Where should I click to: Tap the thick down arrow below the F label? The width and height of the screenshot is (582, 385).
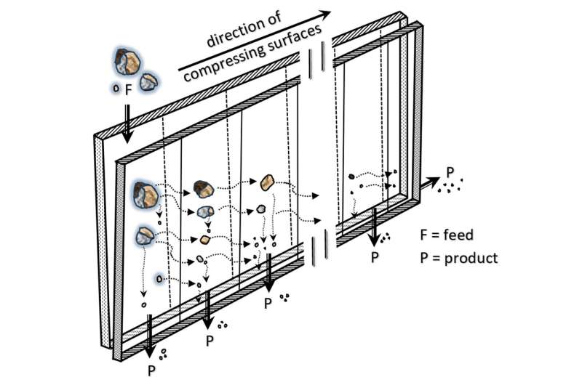coord(128,121)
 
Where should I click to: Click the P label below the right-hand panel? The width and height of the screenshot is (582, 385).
coord(374,257)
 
